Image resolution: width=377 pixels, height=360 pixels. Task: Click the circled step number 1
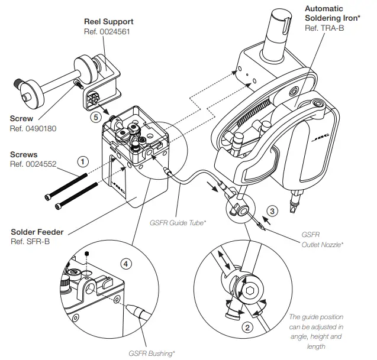(x=83, y=160)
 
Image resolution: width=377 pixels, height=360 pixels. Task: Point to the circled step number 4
(x=125, y=262)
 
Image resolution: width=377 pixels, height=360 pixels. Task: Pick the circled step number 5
(x=95, y=117)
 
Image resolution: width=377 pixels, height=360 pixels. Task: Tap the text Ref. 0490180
(x=33, y=128)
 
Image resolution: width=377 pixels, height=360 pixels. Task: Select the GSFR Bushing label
(x=152, y=353)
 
